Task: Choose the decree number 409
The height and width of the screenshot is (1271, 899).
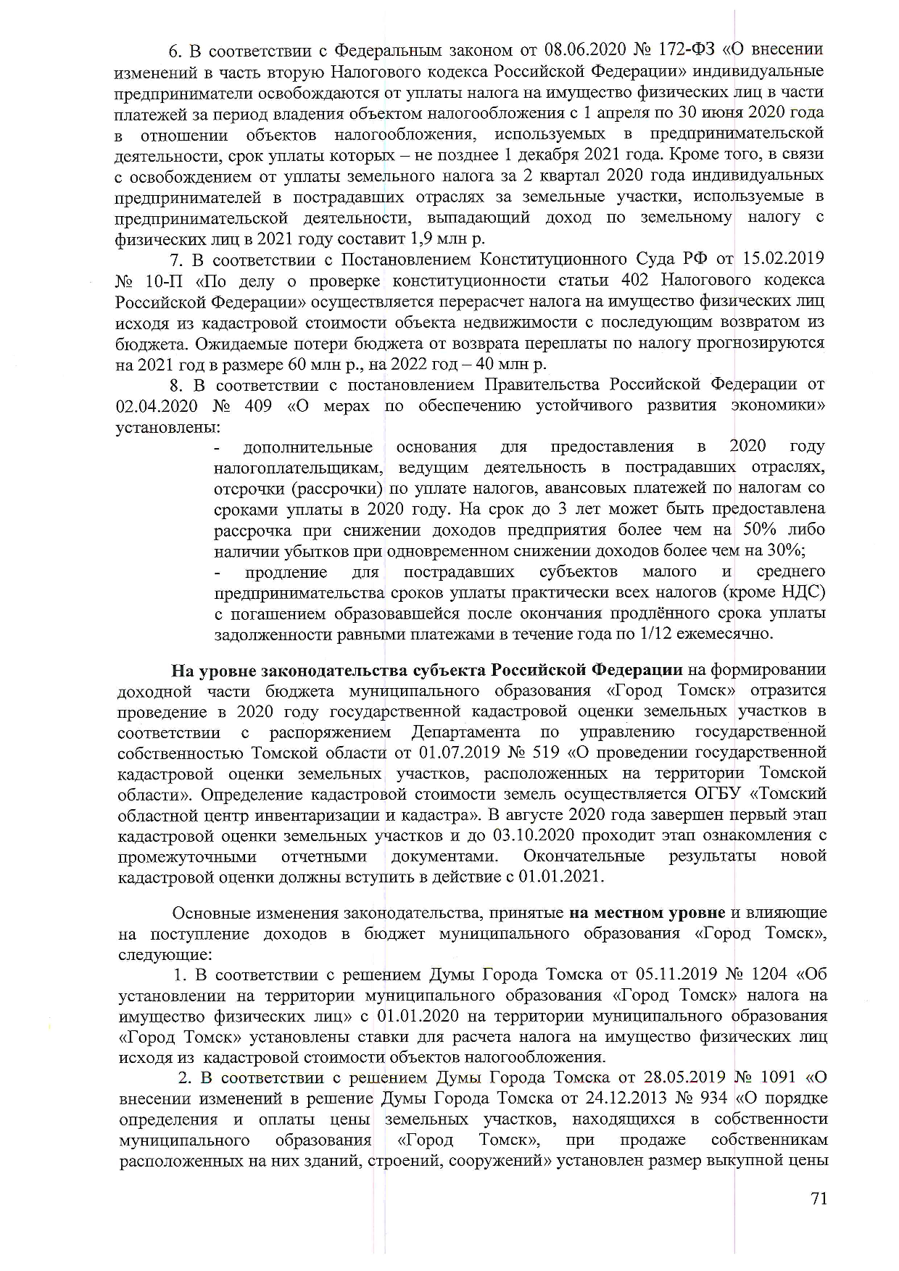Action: (259, 405)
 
